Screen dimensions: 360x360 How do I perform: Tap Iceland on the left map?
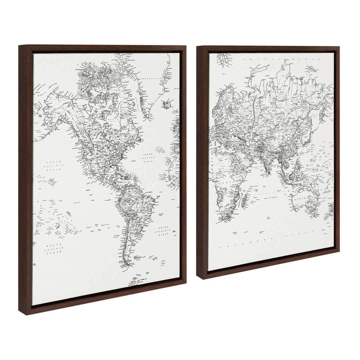pyautogui.click(x=166, y=105)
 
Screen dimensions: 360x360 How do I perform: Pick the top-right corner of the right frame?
pyautogui.click(x=339, y=47)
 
